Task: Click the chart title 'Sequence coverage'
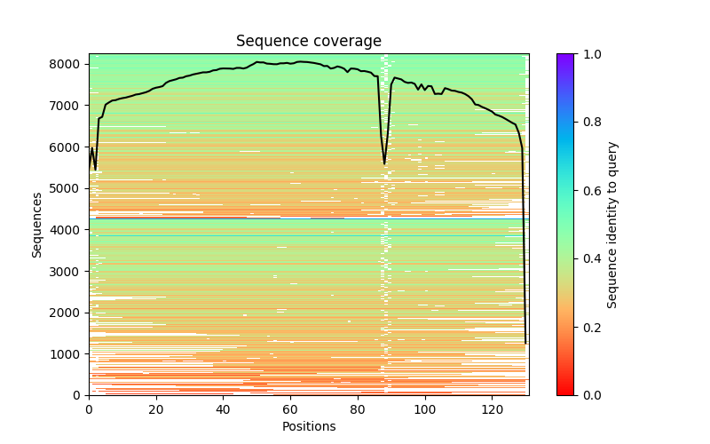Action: pos(308,41)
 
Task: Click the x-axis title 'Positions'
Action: pos(308,426)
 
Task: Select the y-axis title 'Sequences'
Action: pos(37,224)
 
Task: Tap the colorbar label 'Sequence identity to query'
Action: pos(612,224)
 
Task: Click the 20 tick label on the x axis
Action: pos(156,409)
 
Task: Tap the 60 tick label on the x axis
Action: pos(290,409)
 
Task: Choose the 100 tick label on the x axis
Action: pos(424,409)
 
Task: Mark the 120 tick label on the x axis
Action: pos(492,409)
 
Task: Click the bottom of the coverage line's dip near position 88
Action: pos(384,164)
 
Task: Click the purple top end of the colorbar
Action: pos(565,57)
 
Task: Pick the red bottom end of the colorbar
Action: pos(565,392)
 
